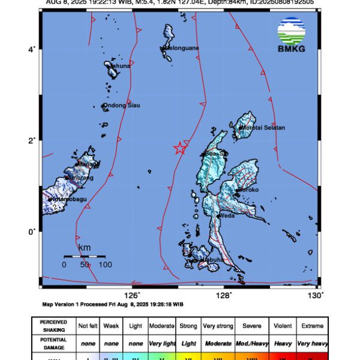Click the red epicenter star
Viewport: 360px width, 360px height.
[179, 148]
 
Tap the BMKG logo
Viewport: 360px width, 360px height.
[292, 35]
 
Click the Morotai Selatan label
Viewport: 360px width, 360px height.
[262, 128]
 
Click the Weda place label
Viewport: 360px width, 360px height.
[227, 215]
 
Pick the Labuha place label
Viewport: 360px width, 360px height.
[212, 259]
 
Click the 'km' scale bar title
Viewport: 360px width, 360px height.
[84, 248]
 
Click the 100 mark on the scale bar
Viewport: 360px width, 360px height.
[105, 264]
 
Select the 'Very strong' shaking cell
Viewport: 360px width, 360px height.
[217, 326]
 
